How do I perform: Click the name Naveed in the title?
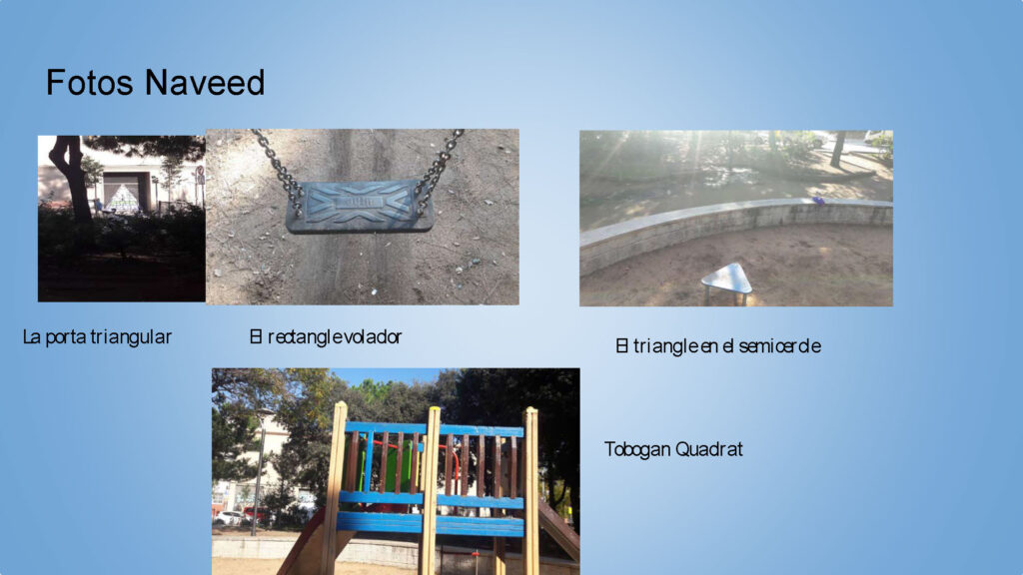tap(205, 83)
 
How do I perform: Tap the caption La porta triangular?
tap(97, 337)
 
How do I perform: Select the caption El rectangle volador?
tap(326, 337)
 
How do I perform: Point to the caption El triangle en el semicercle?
tap(718, 345)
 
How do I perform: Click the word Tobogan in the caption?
tap(637, 449)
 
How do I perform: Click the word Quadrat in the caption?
tap(708, 449)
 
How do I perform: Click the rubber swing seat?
tap(360, 206)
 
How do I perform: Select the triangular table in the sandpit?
tap(727, 281)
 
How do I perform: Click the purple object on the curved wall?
tap(818, 201)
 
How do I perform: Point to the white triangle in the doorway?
tap(122, 199)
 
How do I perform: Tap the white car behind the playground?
tap(229, 518)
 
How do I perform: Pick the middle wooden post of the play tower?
tap(430, 490)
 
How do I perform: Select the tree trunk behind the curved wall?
tap(837, 149)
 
